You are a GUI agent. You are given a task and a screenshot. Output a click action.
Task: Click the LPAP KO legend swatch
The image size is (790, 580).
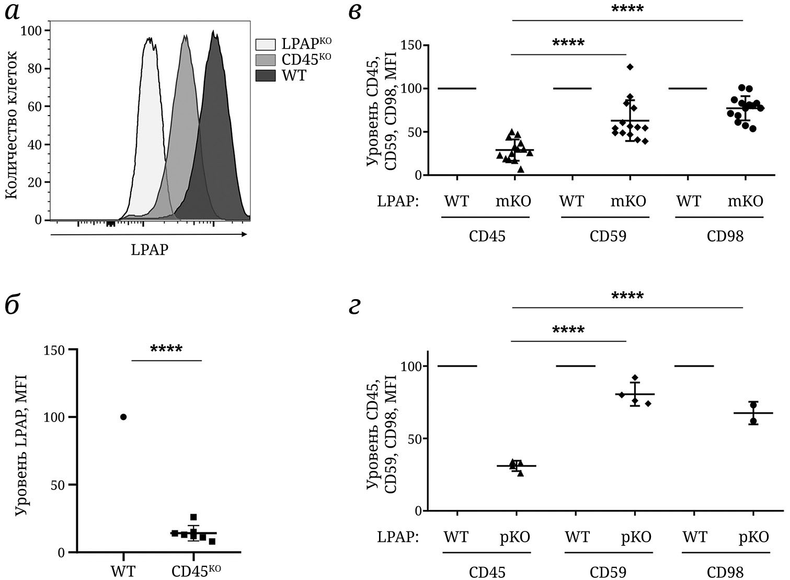(265, 44)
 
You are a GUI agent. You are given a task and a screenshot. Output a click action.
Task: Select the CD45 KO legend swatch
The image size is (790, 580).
(265, 60)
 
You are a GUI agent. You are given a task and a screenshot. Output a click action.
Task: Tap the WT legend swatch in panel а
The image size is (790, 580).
(265, 76)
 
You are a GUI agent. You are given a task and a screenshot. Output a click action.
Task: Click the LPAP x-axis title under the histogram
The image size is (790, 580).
(150, 250)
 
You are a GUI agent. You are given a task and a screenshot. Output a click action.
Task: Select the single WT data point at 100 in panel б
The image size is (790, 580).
(123, 417)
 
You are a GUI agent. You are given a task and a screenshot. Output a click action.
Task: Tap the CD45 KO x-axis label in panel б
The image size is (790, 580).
(196, 571)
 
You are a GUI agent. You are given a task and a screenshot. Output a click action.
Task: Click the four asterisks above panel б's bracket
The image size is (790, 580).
(166, 349)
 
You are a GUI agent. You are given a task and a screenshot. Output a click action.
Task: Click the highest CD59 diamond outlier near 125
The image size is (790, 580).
(630, 66)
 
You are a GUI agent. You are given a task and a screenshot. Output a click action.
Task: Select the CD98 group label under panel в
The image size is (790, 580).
(725, 236)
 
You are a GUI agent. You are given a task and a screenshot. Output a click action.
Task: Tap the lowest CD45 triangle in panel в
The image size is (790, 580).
(521, 169)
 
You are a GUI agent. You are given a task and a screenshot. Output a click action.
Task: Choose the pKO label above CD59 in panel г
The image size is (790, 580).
(636, 537)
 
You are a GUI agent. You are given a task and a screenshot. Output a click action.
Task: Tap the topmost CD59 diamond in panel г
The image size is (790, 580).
(635, 378)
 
